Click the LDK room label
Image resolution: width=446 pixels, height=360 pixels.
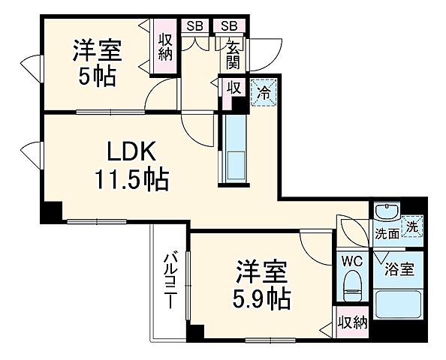click(130, 153)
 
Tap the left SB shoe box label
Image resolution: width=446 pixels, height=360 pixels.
click(195, 25)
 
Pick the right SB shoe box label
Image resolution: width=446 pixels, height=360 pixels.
click(228, 25)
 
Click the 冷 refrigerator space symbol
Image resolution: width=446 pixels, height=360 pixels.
click(264, 93)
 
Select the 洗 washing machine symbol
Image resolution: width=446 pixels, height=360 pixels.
click(412, 225)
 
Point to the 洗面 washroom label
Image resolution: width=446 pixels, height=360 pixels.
click(387, 233)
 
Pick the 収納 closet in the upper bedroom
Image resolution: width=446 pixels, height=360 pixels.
click(166, 46)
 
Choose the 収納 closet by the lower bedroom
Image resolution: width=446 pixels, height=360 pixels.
click(351, 323)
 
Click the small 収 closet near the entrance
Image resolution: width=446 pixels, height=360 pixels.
click(234, 88)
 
